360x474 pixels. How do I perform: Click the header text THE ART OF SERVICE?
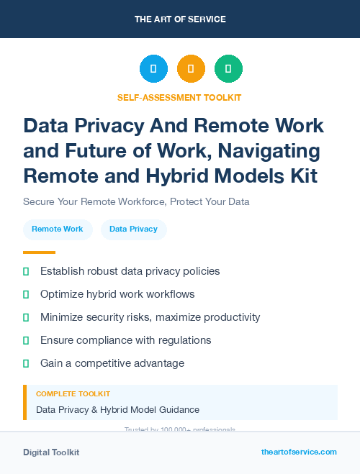pos(180,19)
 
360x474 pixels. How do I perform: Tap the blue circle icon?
pos(153,68)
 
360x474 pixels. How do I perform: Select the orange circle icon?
pos(191,68)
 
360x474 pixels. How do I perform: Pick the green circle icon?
pos(228,68)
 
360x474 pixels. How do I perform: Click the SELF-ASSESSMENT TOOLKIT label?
pos(179,97)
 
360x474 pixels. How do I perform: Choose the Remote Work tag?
pos(58,229)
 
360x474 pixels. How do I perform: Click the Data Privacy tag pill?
pos(133,229)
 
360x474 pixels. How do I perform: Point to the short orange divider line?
pos(39,252)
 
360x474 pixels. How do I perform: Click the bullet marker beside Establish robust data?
pos(26,271)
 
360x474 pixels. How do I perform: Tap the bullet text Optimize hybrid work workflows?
pos(117,294)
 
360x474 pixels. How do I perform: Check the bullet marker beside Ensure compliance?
pos(26,340)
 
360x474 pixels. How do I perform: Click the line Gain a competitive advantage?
pos(112,363)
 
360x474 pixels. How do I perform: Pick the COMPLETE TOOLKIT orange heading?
pos(73,394)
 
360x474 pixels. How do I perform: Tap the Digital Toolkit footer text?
pos(51,452)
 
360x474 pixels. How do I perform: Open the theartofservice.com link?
pos(299,452)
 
